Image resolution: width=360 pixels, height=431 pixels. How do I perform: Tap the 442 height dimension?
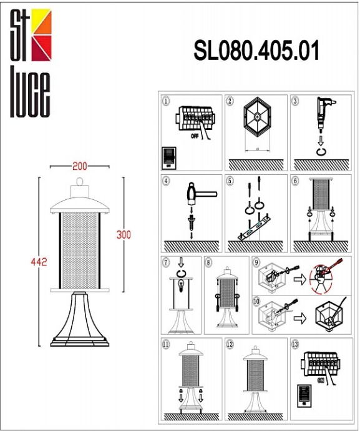(x=39, y=261)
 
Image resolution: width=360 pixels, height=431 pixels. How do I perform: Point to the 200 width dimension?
(x=79, y=166)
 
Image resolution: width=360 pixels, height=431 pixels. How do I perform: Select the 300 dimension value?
(x=124, y=235)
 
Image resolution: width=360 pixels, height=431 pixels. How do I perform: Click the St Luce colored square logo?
(x=39, y=36)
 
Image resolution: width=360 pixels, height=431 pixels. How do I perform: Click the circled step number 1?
(x=166, y=101)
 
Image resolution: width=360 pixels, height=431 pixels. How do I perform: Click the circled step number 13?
(x=296, y=344)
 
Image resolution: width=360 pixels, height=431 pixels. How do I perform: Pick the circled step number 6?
(x=296, y=182)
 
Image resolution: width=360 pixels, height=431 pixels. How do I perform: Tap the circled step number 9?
(x=256, y=263)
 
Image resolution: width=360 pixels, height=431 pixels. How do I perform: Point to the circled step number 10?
(x=256, y=301)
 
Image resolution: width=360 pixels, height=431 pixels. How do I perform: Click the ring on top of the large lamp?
(x=80, y=182)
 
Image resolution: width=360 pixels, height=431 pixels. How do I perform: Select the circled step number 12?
(x=231, y=344)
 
